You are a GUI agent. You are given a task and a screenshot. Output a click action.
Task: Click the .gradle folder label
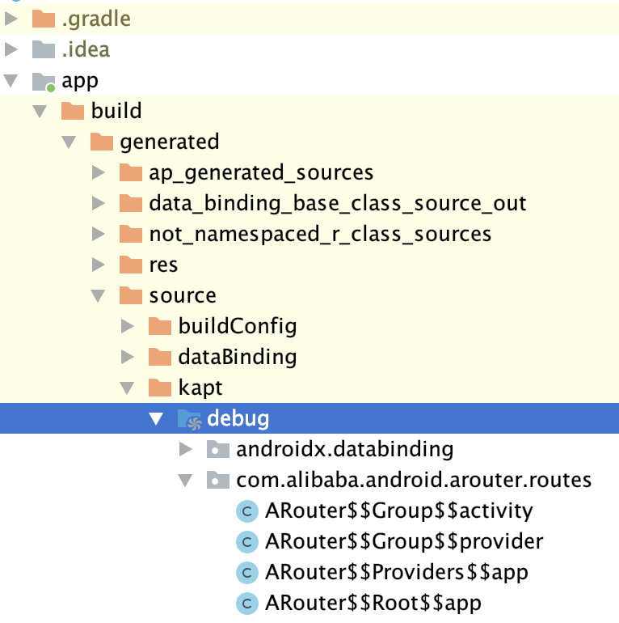click(x=96, y=18)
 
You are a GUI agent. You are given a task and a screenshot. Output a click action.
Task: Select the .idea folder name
click(x=86, y=49)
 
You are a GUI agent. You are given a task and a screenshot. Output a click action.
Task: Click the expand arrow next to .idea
click(x=11, y=49)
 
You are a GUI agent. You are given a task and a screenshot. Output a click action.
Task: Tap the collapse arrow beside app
click(x=11, y=80)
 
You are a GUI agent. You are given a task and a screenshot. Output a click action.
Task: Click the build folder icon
click(x=73, y=111)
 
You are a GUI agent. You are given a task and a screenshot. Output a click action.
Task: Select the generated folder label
click(x=169, y=142)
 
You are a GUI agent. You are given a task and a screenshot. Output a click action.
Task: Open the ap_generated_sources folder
click(x=261, y=172)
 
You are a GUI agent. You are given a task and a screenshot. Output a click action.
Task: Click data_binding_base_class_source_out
click(x=338, y=203)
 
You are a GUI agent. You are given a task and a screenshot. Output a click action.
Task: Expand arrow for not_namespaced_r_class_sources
click(x=99, y=234)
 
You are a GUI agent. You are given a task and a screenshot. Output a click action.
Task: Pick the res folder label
click(x=163, y=265)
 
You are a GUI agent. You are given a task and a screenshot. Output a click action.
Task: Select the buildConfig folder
click(x=238, y=326)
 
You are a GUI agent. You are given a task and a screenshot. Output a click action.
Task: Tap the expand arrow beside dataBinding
click(x=128, y=357)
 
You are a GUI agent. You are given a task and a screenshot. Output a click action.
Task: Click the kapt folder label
click(x=200, y=388)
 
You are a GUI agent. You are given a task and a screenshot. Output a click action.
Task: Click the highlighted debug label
click(x=238, y=418)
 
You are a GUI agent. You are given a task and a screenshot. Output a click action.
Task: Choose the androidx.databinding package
click(x=344, y=449)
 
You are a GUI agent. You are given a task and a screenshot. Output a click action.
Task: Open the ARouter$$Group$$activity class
click(x=399, y=511)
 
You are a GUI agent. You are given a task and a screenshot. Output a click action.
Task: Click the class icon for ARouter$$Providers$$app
click(x=246, y=572)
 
